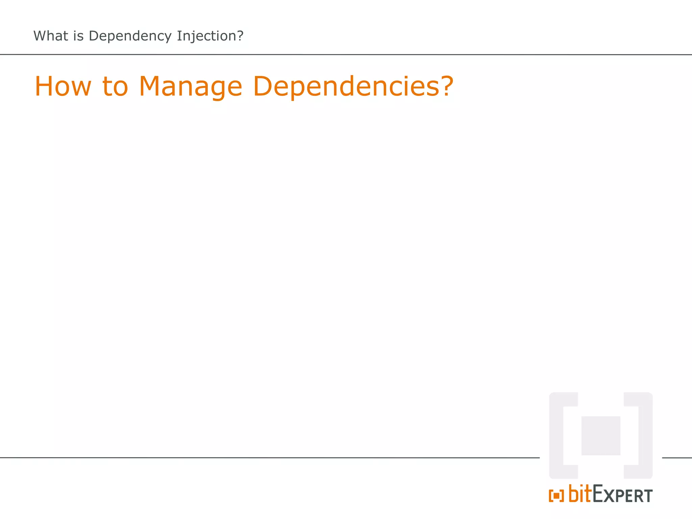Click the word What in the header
coord(51,36)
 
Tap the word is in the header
coord(78,36)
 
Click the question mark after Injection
coord(240,36)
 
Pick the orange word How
coord(63,86)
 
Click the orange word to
coord(115,86)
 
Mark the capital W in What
coord(41,36)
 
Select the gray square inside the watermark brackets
coord(601,436)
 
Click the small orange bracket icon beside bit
coord(556,496)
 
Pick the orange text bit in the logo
coord(580,494)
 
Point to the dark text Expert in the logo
coord(622,495)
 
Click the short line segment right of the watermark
coord(677,458)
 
